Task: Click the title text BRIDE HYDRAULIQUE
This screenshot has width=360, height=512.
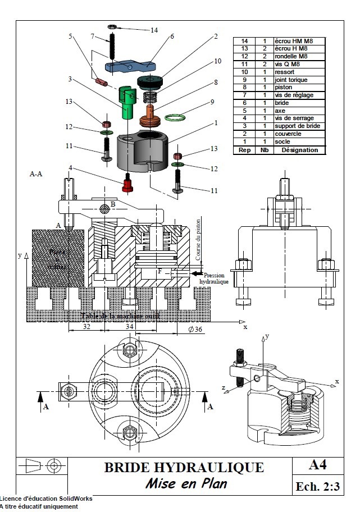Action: (184, 467)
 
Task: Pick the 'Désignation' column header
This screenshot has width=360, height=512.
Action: (299, 150)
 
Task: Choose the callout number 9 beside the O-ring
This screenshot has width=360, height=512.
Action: (213, 102)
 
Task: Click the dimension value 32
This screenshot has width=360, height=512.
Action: (87, 326)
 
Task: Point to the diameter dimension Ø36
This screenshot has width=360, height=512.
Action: (195, 329)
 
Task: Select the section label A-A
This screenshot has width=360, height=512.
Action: (35, 175)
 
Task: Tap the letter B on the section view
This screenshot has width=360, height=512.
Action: (113, 204)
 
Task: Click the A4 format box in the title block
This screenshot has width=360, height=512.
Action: (317, 465)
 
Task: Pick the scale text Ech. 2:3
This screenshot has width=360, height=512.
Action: (318, 486)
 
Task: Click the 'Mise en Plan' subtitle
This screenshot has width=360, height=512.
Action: (186, 483)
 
